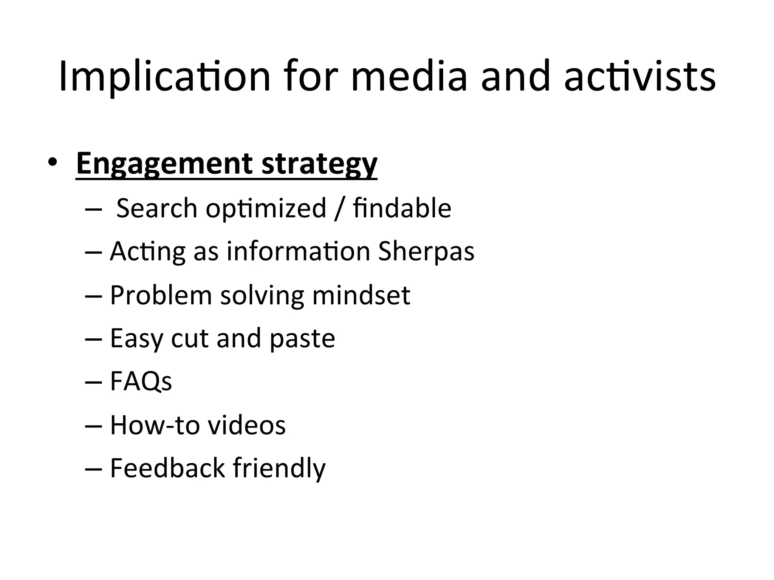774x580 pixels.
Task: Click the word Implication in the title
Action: point(165,77)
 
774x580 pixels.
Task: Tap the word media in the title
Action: point(409,77)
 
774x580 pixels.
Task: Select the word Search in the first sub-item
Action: point(157,208)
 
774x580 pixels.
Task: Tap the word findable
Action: point(402,208)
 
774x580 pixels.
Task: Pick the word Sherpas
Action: point(426,251)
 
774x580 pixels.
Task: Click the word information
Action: point(298,251)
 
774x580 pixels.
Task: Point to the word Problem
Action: point(161,295)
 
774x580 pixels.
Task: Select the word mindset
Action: point(361,295)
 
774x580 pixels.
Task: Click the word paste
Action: point(302,338)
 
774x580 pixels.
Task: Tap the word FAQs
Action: point(141,381)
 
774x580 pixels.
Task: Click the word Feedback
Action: point(167,468)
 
